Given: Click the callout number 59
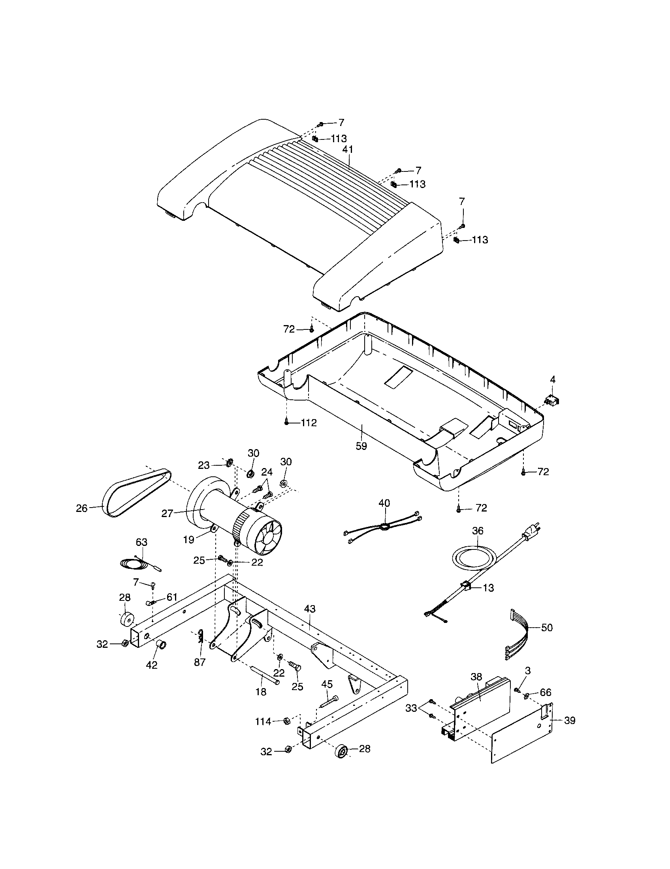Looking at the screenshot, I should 361,446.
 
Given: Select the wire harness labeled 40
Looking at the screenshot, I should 384,527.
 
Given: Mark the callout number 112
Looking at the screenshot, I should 309,423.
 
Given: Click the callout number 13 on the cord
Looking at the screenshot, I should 488,599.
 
